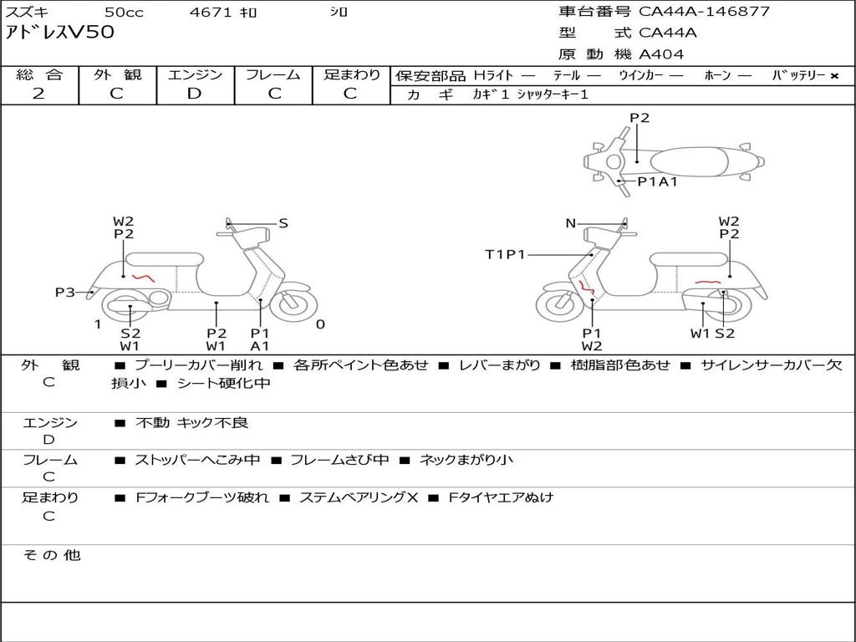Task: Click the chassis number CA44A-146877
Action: (x=704, y=12)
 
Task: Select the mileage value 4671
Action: (x=210, y=12)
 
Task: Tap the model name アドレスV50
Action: (x=60, y=33)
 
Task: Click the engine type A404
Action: (x=661, y=54)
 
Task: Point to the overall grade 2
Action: (x=38, y=94)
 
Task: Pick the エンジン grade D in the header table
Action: (x=194, y=94)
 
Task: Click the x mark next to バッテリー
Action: (x=834, y=76)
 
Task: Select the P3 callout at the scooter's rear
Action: (x=65, y=293)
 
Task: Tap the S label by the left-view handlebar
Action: (x=283, y=223)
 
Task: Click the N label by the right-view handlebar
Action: (x=570, y=223)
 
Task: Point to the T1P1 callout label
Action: (x=505, y=254)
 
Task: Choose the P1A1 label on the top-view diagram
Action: (x=658, y=181)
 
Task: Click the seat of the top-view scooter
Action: (x=689, y=162)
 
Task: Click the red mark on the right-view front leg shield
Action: (x=586, y=286)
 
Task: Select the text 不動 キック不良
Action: (x=191, y=423)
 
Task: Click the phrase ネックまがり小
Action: (x=466, y=461)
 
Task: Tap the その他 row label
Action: (x=51, y=555)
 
